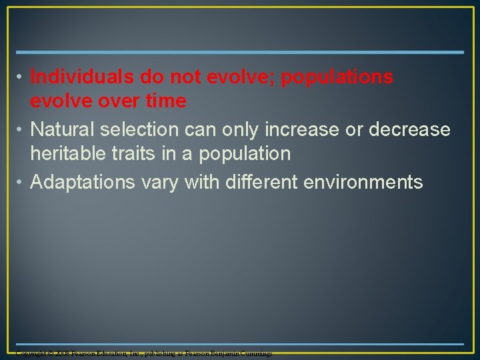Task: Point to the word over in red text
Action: [107, 101]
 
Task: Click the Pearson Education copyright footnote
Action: [143, 353]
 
